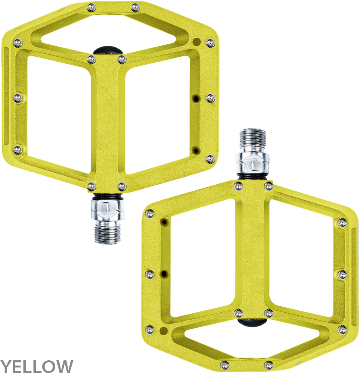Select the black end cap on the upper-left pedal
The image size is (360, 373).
(107, 51)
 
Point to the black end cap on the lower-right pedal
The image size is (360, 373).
(252, 322)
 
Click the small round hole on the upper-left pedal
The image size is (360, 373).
(196, 41)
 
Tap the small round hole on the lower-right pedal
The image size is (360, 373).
(163, 330)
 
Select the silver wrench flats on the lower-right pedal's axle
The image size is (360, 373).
(253, 164)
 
